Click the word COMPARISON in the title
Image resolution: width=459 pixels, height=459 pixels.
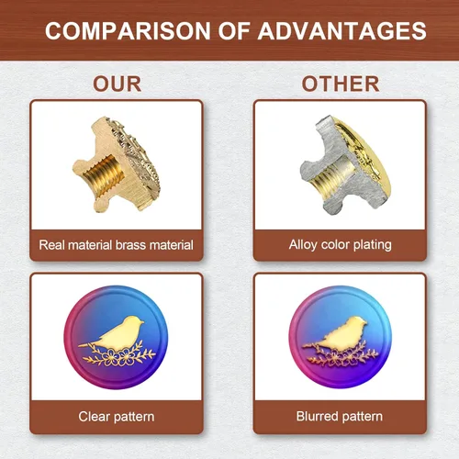pos(128,31)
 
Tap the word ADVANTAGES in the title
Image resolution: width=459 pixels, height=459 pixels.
pos(341,31)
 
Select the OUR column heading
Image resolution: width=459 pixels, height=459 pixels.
pos(118,84)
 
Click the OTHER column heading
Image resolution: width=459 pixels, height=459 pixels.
pos(341,84)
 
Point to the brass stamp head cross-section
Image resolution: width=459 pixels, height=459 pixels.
pos(118,165)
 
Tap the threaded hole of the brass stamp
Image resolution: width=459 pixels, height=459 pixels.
pos(104,174)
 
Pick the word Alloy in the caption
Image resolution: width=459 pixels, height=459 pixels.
pos(303,245)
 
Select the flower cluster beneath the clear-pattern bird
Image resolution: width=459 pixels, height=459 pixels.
pos(118,356)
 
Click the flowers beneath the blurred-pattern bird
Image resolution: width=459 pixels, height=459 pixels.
pos(342,356)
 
